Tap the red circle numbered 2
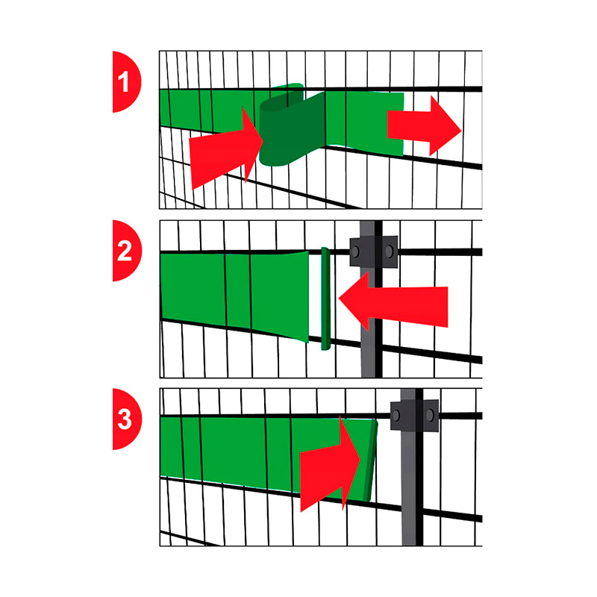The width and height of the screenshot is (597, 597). coord(125,251)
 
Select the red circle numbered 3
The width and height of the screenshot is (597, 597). coord(125,419)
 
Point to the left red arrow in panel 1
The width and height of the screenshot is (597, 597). coord(226,149)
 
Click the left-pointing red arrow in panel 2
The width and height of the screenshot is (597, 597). coord(393,301)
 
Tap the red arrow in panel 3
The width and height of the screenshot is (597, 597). coord(330,464)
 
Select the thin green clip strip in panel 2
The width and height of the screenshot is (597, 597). coord(325,298)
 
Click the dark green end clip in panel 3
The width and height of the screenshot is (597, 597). coord(369,460)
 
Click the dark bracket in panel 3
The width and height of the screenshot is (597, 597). coord(415,416)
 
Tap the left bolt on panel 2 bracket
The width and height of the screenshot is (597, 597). coord(355,251)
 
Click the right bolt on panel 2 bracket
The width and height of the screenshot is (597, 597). coord(389,251)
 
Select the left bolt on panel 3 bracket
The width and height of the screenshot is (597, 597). coord(396,416)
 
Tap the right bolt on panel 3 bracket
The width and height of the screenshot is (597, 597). coord(430,415)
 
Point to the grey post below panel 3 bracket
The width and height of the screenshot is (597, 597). coord(409,489)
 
